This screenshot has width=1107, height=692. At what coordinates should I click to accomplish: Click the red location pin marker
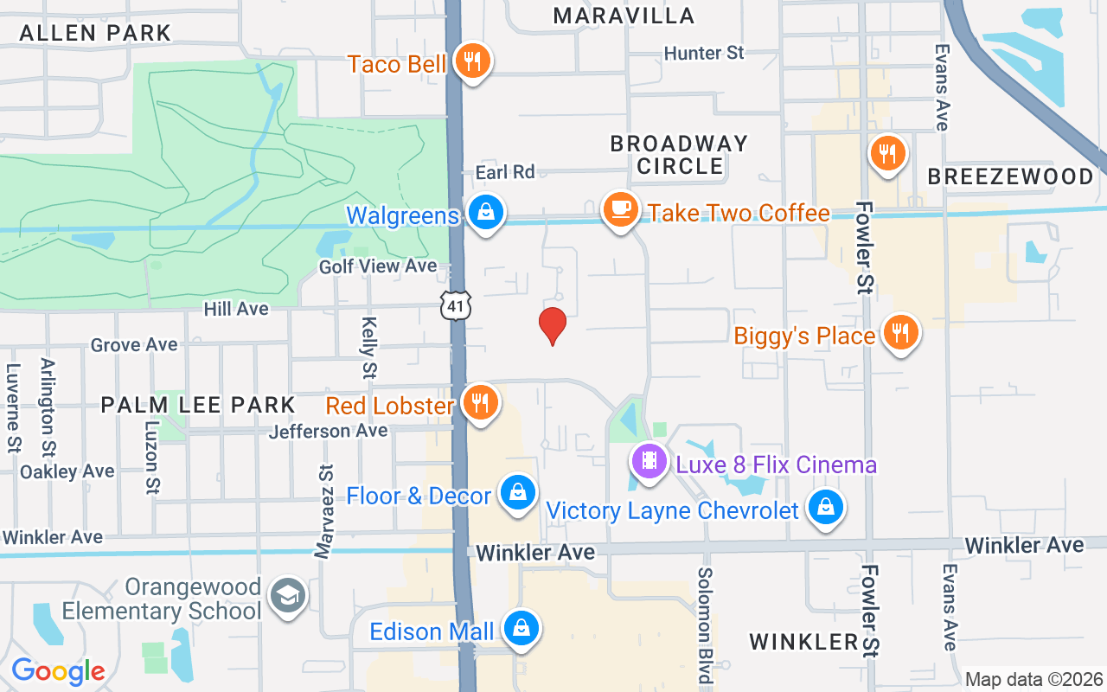point(553,326)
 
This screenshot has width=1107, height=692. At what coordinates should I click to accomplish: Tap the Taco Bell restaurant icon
point(471,61)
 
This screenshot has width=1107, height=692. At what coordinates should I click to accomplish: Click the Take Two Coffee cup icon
point(620,210)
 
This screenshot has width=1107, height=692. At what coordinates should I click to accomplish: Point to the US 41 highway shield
point(455,305)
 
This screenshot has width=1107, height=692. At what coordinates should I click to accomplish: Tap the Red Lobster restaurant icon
point(479,402)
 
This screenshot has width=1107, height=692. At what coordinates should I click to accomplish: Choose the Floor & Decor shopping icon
point(517,493)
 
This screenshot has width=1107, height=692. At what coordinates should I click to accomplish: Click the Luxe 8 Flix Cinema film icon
point(649,461)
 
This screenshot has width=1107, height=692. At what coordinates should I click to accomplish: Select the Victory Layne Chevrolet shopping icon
point(826,508)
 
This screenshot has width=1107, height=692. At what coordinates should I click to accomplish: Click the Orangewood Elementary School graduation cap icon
point(287,596)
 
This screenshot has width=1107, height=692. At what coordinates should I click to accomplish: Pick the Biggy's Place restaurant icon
point(900,332)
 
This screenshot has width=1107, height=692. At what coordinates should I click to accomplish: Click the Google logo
point(58,671)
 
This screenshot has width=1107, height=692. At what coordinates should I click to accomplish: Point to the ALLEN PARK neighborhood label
point(95,33)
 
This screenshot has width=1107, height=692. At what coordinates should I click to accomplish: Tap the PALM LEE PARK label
point(198,404)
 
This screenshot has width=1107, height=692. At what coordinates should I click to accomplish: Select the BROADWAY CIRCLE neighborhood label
point(680,154)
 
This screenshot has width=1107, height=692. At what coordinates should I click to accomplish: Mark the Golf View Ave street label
point(378,266)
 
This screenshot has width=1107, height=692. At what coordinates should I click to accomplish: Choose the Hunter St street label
point(704,53)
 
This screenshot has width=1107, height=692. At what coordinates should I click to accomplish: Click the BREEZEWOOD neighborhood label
point(1010,176)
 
